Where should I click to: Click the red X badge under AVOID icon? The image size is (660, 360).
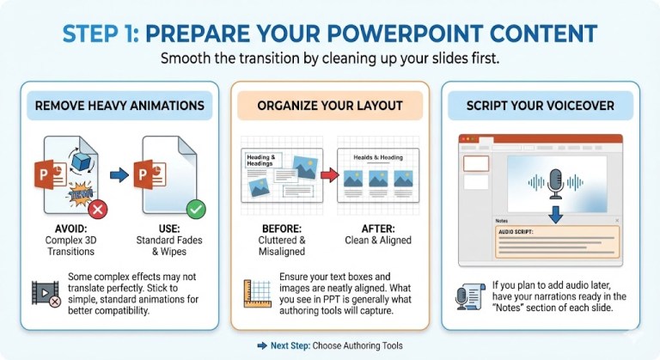coord(99,209)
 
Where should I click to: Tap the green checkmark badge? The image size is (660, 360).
coord(196,209)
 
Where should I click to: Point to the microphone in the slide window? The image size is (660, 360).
coord(554,182)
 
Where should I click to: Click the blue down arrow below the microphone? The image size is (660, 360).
coord(554,211)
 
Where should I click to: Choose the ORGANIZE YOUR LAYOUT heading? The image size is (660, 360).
coord(329,107)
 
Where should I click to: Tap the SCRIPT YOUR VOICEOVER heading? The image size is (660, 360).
coord(541,107)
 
